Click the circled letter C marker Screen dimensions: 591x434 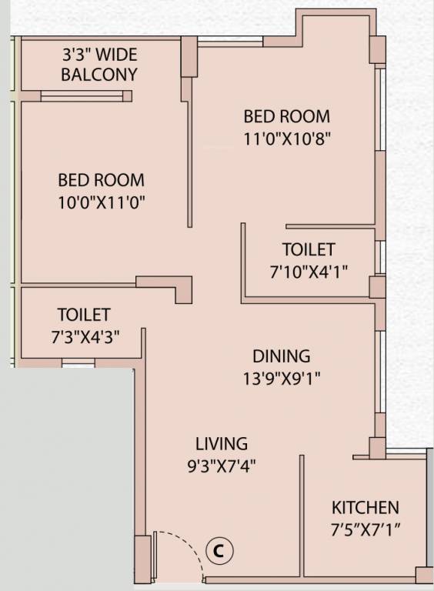[219, 551]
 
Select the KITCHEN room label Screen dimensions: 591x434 [365, 508]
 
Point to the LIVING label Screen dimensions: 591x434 [222, 444]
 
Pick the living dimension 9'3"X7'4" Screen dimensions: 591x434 [222, 466]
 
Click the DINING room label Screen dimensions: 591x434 [282, 356]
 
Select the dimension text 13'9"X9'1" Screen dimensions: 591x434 [282, 378]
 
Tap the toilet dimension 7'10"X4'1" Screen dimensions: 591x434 [309, 271]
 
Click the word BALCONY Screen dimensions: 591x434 [99, 75]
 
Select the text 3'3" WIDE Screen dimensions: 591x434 [100, 55]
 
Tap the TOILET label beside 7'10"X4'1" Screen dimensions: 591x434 [309, 250]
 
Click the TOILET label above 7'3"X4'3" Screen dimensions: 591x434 [83, 315]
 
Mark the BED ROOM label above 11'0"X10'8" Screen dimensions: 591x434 [287, 117]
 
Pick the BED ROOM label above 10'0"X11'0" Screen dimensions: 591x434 [101, 180]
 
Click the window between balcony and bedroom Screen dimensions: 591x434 [82, 96]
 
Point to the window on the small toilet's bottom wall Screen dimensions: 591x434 [78, 361]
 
